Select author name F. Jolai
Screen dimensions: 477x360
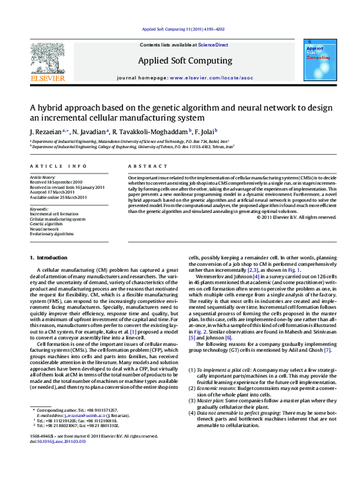click(205, 130)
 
